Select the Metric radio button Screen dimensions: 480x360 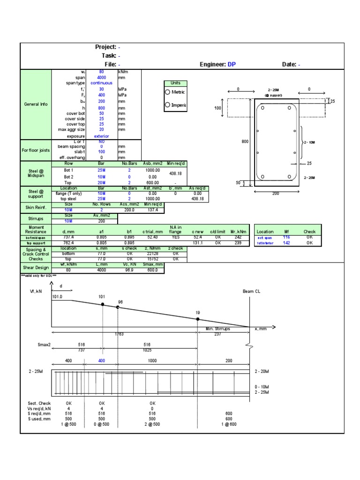click(167, 92)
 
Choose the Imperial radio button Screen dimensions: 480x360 click(167, 105)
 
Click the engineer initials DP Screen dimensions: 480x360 click(232, 65)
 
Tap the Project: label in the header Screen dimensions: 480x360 click(105, 47)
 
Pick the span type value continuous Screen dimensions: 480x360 click(101, 83)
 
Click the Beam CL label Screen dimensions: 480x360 click(251, 291)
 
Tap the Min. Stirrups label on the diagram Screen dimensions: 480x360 click(218, 329)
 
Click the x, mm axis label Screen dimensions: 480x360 click(260, 329)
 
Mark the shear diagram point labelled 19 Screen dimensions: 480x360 click(197, 319)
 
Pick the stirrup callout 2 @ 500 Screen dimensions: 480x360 click(152, 424)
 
